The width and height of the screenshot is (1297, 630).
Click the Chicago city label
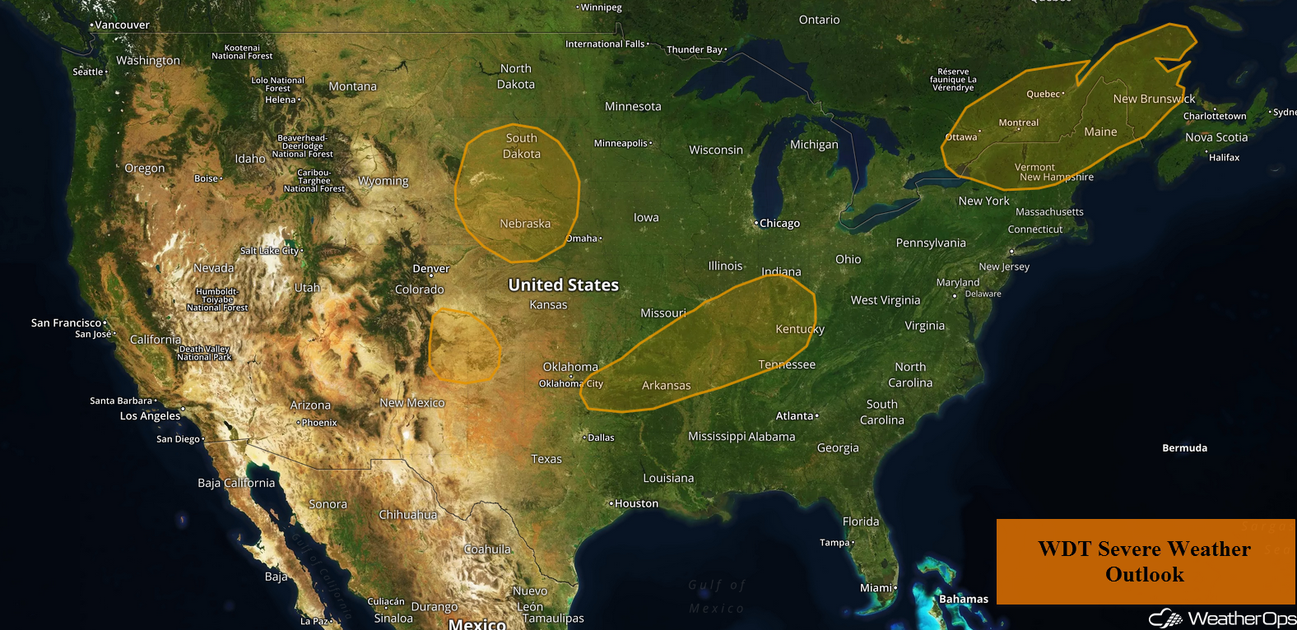(779, 224)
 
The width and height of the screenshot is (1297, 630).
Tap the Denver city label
(430, 269)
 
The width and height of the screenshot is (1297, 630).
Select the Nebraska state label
(525, 224)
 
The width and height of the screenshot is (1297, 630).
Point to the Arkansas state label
(666, 386)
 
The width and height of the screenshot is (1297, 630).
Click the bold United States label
(563, 285)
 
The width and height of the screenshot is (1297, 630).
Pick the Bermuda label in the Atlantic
(1184, 448)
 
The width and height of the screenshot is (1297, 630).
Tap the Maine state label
(1100, 132)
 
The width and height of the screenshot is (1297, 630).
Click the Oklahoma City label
(571, 384)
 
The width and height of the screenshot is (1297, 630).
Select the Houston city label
(636, 504)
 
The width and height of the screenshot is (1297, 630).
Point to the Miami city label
(876, 588)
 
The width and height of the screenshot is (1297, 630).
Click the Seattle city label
(88, 72)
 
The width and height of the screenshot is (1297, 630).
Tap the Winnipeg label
(601, 7)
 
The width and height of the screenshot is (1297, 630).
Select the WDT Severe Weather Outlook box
(1145, 562)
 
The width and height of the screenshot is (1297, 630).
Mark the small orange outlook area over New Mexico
(464, 346)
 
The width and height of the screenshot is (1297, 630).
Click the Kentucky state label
(800, 329)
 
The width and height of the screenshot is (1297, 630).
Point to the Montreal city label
(1018, 123)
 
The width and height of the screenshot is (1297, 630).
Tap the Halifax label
(1224, 158)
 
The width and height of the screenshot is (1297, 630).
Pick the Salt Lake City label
(270, 251)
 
